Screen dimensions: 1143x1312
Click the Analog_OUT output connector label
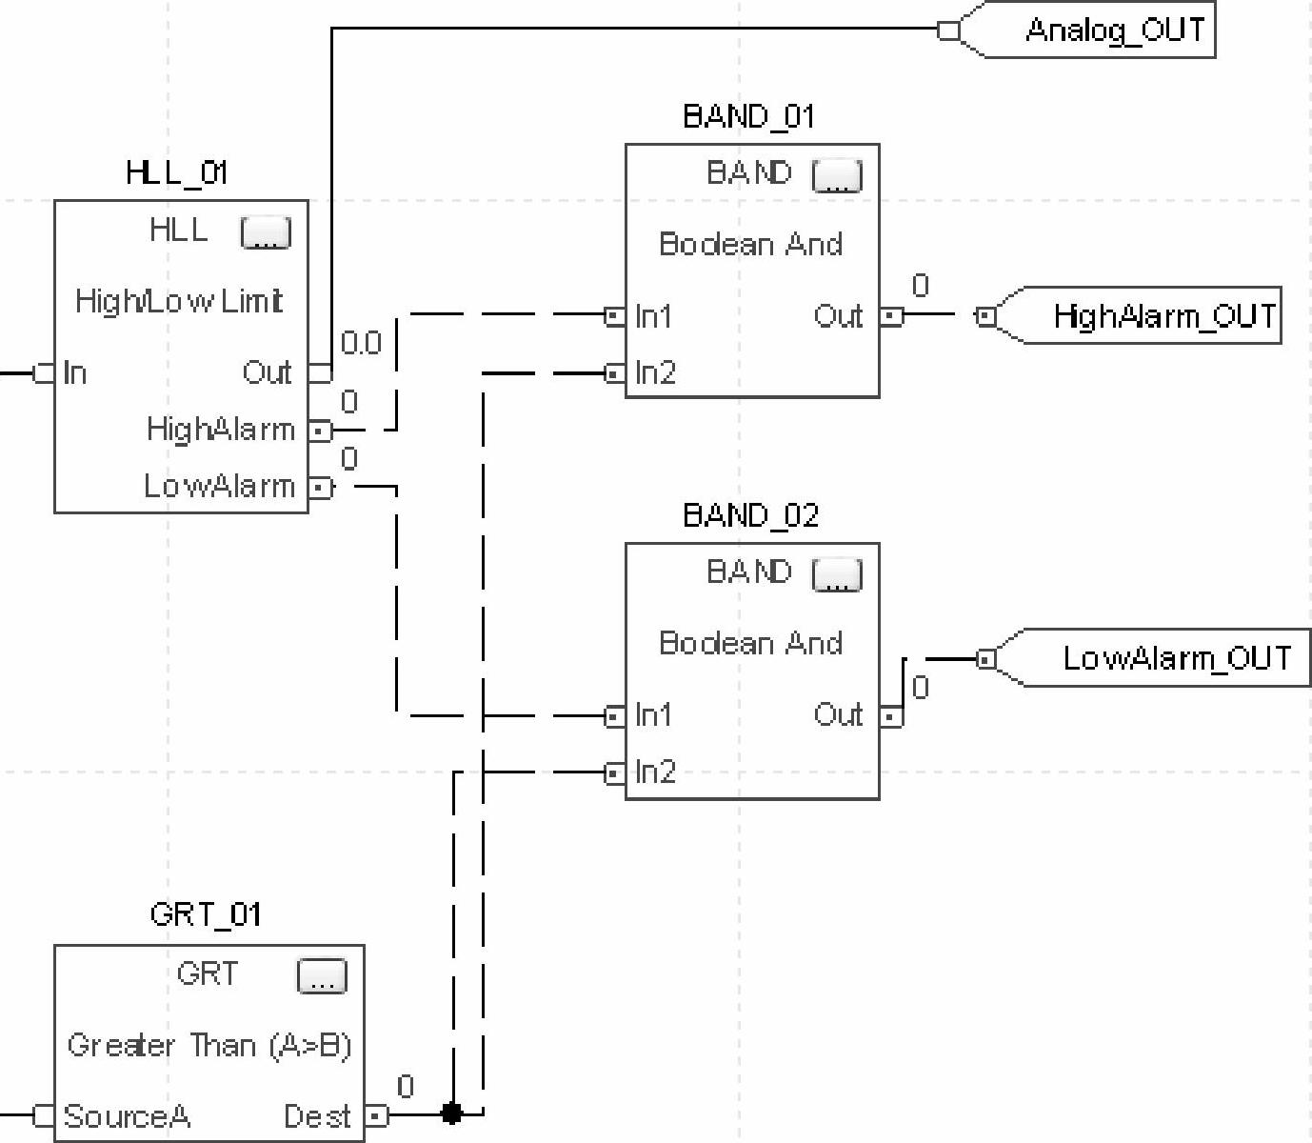pyautogui.click(x=1114, y=30)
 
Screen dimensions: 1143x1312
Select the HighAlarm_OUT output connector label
pyautogui.click(x=1163, y=315)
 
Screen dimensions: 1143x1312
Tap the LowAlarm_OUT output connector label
pyautogui.click(x=1176, y=658)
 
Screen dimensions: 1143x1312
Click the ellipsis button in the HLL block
pyautogui.click(x=266, y=232)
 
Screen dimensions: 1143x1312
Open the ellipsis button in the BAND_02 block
pyautogui.click(x=837, y=575)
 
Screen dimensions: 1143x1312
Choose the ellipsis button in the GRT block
pyautogui.click(x=322, y=976)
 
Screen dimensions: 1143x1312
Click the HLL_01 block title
pyautogui.click(x=176, y=172)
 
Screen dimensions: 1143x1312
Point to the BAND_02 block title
pyautogui.click(x=750, y=515)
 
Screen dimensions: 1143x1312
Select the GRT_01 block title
pyautogui.click(x=205, y=914)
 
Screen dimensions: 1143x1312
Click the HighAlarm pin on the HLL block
pyautogui.click(x=321, y=431)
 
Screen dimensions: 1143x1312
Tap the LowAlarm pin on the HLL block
pyautogui.click(x=321, y=488)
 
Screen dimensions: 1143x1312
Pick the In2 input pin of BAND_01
pyautogui.click(x=615, y=373)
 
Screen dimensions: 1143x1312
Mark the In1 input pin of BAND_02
pyautogui.click(x=615, y=715)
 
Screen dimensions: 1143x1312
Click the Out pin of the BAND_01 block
pyautogui.click(x=890, y=315)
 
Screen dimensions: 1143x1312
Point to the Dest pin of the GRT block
pyautogui.click(x=377, y=1114)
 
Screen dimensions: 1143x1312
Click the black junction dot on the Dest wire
pyautogui.click(x=452, y=1113)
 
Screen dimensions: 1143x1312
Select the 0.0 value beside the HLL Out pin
pyautogui.click(x=361, y=343)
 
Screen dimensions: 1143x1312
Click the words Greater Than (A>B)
pyautogui.click(x=209, y=1046)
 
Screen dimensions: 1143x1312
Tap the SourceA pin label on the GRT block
pyautogui.click(x=127, y=1115)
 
